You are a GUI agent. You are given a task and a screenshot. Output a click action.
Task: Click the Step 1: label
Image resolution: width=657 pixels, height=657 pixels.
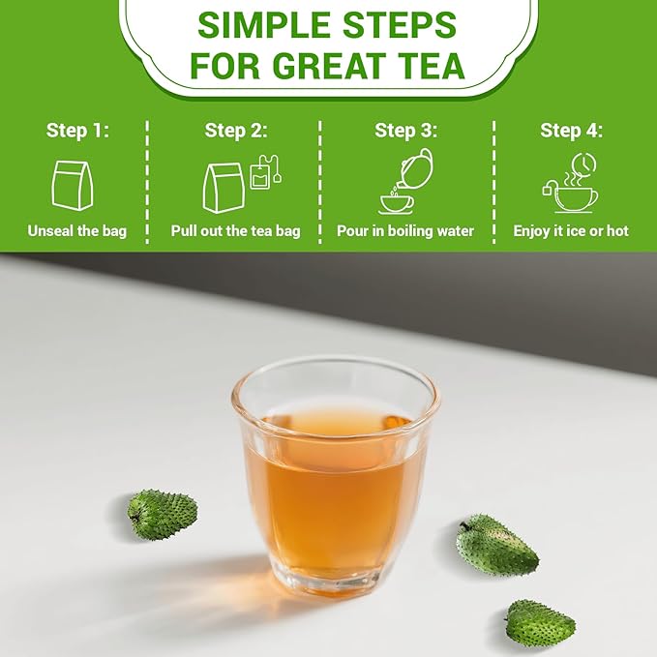pos(76,131)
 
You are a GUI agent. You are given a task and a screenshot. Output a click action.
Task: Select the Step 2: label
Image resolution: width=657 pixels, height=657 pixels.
pos(235,131)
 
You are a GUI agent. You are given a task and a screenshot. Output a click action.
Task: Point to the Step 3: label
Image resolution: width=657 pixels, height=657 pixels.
pos(405,131)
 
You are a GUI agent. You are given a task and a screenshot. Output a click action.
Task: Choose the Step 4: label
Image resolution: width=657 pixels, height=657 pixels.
pos(571,131)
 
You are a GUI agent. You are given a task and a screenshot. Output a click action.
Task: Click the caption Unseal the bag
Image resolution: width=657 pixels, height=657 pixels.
pos(76,231)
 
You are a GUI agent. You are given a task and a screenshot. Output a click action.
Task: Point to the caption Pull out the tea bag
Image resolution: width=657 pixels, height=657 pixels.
pos(235,231)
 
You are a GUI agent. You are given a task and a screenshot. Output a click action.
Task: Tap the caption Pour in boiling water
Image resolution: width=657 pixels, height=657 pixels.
pos(405,231)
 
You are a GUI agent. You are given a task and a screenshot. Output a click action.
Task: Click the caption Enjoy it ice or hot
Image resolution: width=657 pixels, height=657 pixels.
pos(571,231)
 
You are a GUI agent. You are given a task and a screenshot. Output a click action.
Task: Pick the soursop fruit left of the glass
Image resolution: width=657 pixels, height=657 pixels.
pos(162,514)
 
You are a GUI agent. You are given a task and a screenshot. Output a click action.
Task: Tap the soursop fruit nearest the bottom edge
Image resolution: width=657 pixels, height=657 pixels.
pos(540,623)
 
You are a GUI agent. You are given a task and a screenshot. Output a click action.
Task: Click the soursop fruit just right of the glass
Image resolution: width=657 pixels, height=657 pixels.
pos(497,545)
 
